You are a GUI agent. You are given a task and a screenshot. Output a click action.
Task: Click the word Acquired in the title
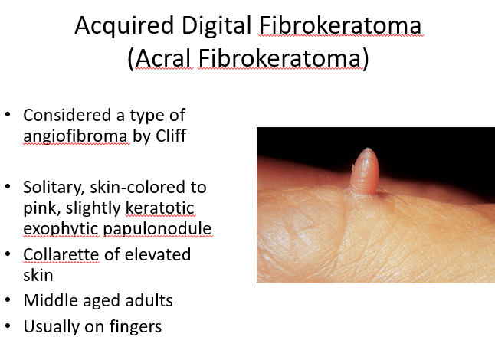(124, 25)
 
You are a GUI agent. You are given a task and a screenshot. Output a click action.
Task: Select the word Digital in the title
(216, 25)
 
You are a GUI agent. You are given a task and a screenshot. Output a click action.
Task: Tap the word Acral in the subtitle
(163, 58)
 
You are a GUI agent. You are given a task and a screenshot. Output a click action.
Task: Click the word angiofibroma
(76, 136)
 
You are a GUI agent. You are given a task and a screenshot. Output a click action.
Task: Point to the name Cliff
(171, 136)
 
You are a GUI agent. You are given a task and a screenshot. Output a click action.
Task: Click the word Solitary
(54, 188)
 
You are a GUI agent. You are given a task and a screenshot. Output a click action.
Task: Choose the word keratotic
(159, 208)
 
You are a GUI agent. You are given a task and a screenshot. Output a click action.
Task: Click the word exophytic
(61, 229)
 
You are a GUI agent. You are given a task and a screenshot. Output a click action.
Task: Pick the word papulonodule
(157, 229)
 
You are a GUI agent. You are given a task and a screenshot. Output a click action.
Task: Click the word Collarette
(61, 254)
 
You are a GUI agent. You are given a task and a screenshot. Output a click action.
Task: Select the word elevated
(158, 254)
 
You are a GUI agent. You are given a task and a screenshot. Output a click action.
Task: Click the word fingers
(136, 327)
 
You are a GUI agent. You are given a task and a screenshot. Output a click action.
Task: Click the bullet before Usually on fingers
(8, 326)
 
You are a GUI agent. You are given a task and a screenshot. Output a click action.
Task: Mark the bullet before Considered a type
(8, 114)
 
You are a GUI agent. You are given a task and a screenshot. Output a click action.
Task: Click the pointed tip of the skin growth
(368, 149)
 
